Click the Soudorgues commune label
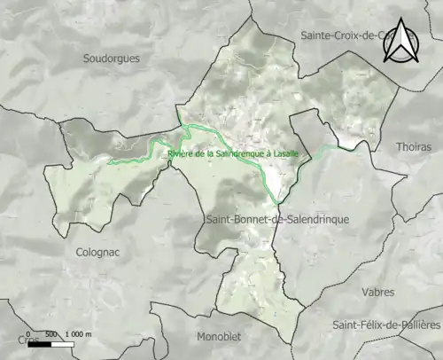click(x=111, y=59)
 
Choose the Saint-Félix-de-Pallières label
click(x=386, y=325)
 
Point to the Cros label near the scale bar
click(x=28, y=340)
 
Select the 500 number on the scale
click(x=51, y=334)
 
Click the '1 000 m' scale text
click(x=79, y=334)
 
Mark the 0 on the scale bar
click(x=28, y=334)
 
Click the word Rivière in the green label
click(x=180, y=153)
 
